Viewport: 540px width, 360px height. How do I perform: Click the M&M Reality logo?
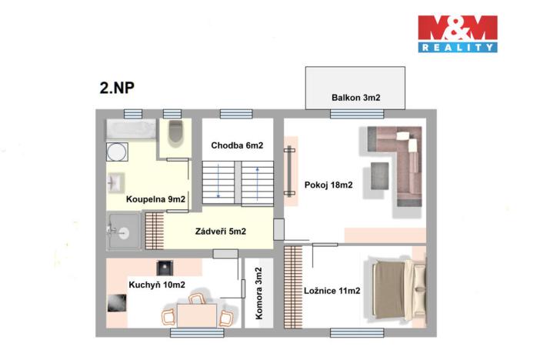point(457,34)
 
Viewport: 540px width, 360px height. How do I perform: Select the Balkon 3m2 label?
point(356,98)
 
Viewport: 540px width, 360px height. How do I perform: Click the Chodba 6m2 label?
point(238,145)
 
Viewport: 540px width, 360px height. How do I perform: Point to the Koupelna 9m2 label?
point(156,199)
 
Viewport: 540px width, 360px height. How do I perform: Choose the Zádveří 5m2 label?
point(220,231)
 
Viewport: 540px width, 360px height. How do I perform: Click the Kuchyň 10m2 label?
point(157,285)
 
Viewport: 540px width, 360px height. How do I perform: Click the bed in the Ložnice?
point(398,290)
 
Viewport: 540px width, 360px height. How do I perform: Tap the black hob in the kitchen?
point(164,268)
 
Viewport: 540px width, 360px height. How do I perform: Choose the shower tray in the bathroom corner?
point(124,231)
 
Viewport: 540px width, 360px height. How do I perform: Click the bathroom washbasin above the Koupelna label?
point(115,183)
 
